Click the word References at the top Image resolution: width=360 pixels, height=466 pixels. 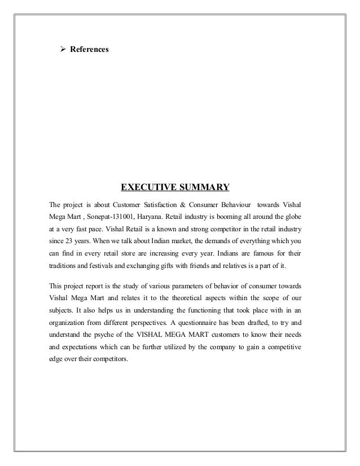click(x=89, y=50)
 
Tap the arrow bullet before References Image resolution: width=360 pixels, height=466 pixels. click(x=64, y=50)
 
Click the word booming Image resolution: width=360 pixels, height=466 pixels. click(x=225, y=217)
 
